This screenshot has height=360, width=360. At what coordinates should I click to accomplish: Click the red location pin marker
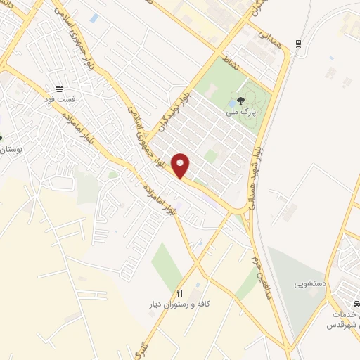pos(181,165)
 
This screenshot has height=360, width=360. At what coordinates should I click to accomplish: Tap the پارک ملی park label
pos(238,112)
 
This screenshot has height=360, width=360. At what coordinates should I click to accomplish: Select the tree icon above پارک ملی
pos(241,101)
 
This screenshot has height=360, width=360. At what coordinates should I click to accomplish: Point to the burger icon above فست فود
pos(60,89)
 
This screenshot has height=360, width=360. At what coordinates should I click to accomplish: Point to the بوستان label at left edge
pos(10,150)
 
